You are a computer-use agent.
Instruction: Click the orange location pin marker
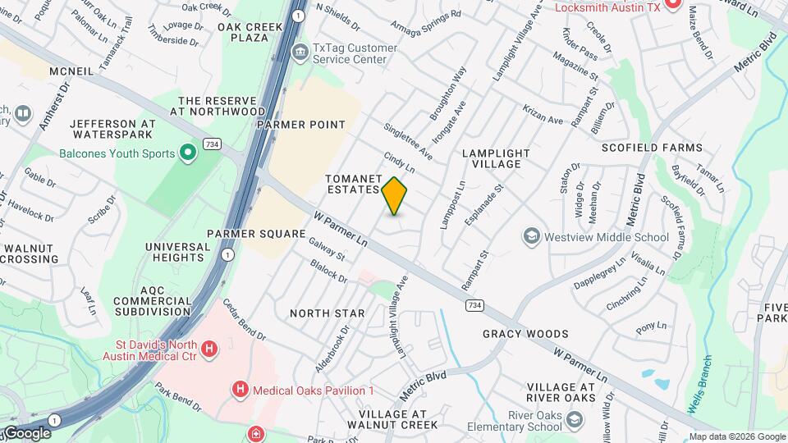(x=395, y=195)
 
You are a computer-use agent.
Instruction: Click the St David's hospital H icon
(x=210, y=349)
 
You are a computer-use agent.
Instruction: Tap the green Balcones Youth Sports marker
(x=188, y=153)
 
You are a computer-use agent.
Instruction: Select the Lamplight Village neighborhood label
(x=491, y=158)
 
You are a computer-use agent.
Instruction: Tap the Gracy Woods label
(x=525, y=334)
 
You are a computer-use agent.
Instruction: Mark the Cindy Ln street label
(x=399, y=161)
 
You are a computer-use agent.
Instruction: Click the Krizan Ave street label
(x=543, y=116)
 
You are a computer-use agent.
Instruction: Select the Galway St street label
(x=326, y=249)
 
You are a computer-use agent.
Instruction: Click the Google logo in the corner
(x=27, y=433)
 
